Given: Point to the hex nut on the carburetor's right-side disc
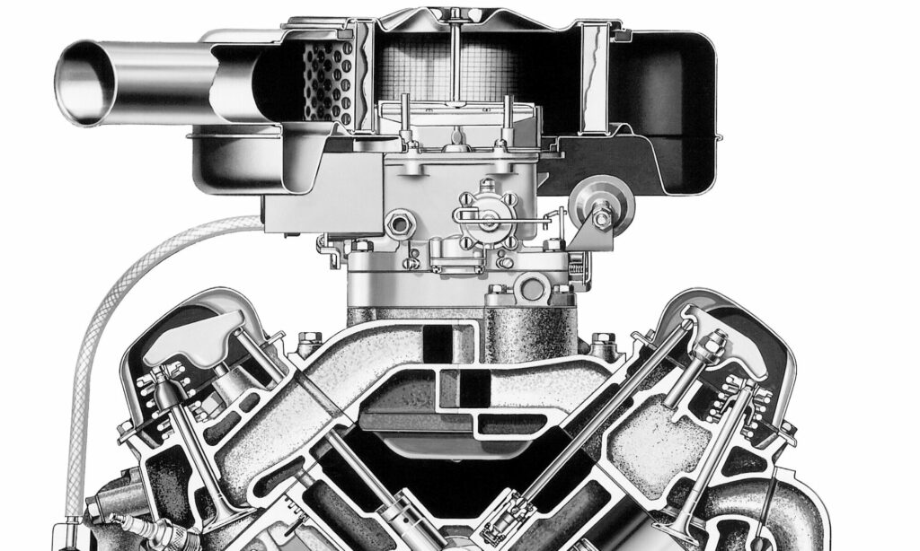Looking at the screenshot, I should (601, 215).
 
